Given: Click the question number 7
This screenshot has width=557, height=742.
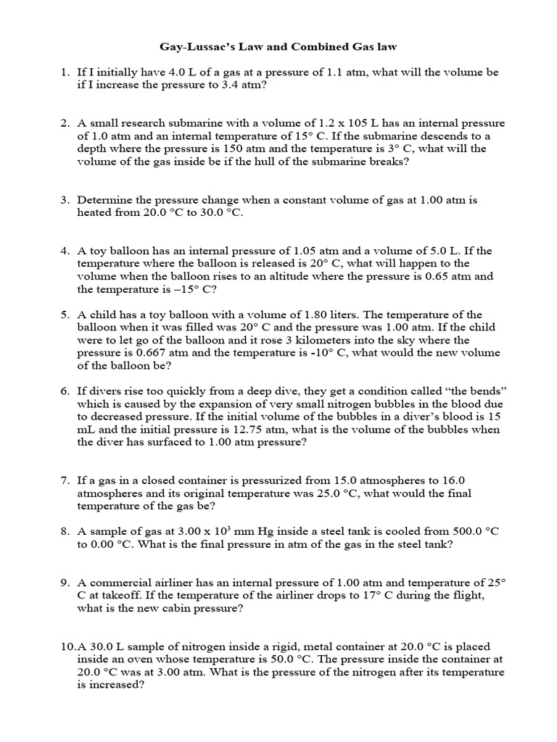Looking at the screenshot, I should [x=64, y=480].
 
